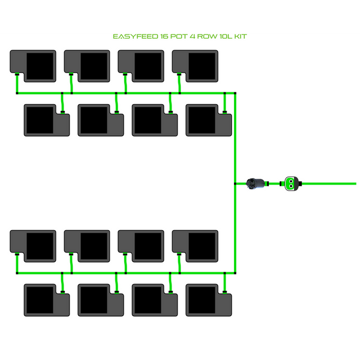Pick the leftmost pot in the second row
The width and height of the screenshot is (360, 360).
[x=46, y=120]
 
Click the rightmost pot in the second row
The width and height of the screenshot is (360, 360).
[x=208, y=120]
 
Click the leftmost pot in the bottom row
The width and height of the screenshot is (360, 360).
[x=46, y=299]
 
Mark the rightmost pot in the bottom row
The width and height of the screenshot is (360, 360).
[x=208, y=299]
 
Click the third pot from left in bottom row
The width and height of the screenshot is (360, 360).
[x=154, y=299]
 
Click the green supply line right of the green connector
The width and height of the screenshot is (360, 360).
[x=332, y=183]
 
